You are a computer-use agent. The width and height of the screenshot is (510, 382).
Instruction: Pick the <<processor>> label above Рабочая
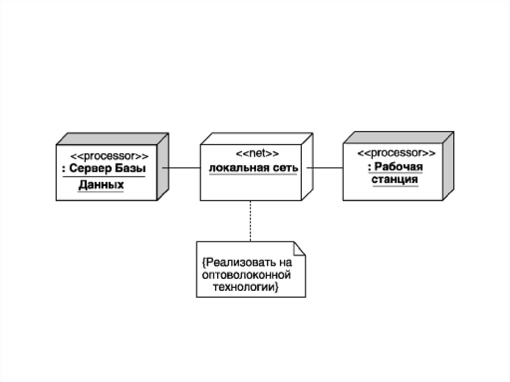click(396, 152)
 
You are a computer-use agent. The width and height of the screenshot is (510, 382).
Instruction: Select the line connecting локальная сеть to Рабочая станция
click(325, 168)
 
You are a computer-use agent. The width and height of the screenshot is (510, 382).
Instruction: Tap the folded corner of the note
click(298, 247)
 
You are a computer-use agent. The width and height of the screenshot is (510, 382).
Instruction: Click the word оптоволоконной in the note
click(246, 275)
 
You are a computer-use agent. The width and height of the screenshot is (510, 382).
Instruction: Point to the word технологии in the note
click(245, 287)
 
